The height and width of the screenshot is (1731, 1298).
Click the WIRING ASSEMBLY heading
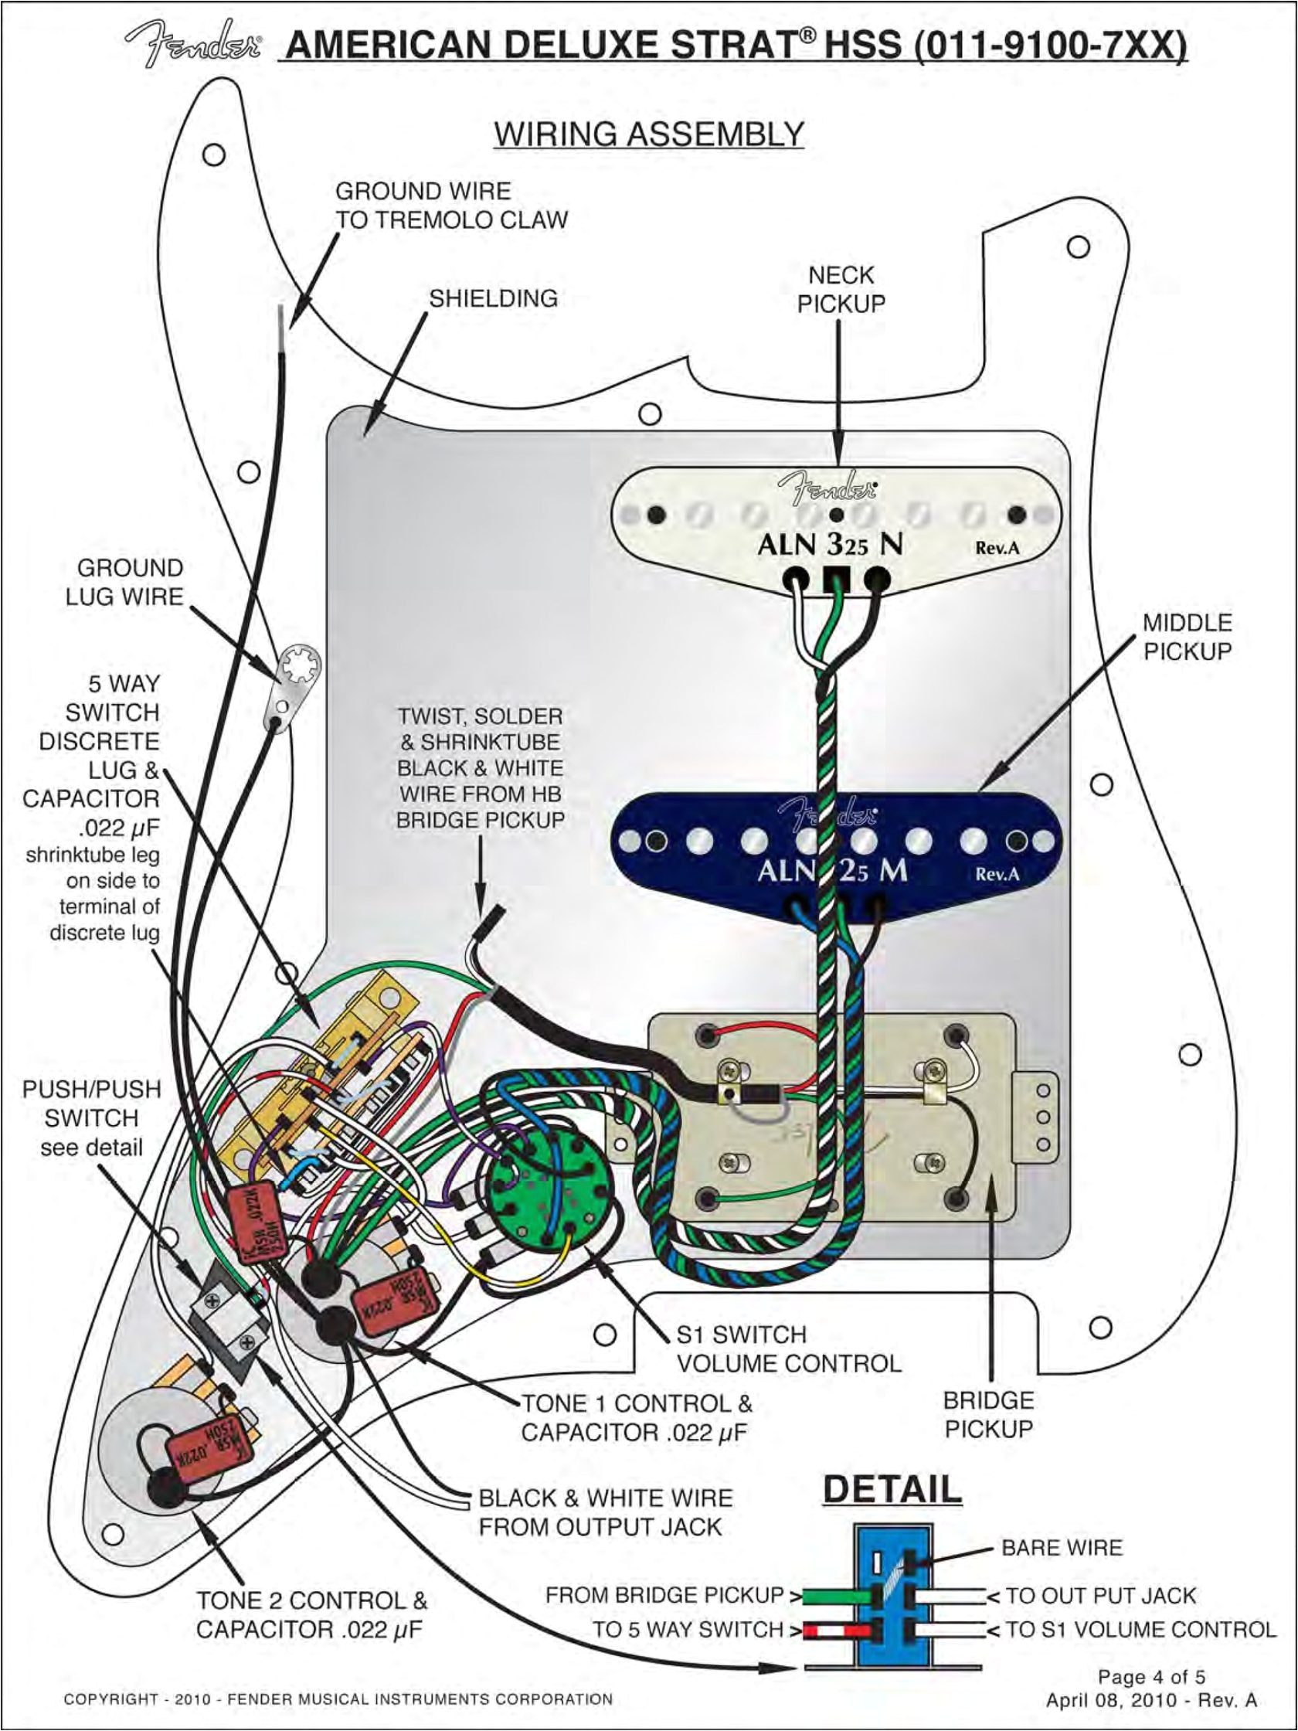[648, 134]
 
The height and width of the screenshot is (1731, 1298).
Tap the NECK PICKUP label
[841, 290]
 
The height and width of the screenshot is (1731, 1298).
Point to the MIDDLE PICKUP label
[1187, 637]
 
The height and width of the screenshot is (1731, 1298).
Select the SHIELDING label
[493, 298]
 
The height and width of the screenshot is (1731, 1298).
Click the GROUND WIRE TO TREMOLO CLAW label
[451, 206]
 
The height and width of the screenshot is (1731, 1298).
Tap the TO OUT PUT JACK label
[1100, 1595]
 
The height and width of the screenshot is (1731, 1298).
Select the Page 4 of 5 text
[1151, 1676]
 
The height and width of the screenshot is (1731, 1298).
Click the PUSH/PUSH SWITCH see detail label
[91, 1118]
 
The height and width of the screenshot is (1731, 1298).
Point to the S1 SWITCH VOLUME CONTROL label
[788, 1348]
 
